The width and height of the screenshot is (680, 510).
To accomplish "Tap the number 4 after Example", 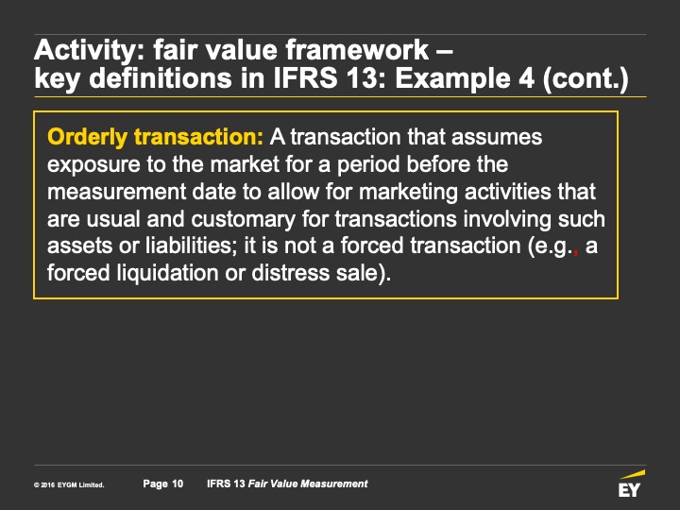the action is [x=527, y=78].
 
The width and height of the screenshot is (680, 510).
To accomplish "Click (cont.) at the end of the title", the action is [x=585, y=79].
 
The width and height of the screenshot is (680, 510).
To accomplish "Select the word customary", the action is [x=244, y=220].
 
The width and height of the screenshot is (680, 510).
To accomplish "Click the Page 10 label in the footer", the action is [x=163, y=484].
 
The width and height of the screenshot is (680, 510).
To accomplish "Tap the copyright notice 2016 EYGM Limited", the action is [x=69, y=485].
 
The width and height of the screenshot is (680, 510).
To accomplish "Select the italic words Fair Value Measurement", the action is [x=308, y=484].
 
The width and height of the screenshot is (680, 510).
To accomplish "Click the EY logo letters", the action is [x=629, y=490].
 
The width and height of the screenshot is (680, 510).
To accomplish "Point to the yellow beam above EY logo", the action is [x=632, y=474].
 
